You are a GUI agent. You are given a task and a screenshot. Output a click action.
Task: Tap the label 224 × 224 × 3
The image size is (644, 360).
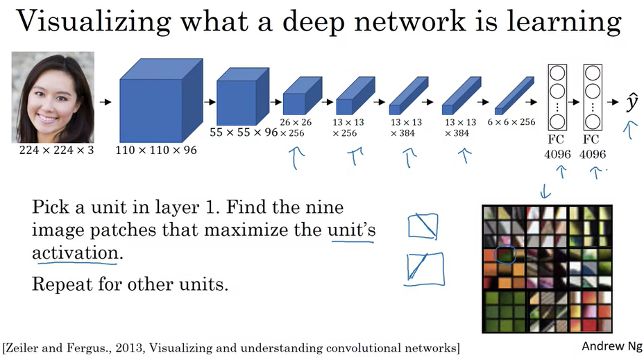pyautogui.click(x=51, y=149)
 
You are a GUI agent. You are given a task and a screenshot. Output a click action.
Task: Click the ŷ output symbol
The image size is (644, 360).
pyautogui.click(x=631, y=103)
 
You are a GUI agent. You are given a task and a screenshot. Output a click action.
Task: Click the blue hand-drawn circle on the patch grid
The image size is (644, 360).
pyautogui.click(x=506, y=256)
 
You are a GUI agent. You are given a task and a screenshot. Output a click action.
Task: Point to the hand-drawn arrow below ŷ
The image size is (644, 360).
pyautogui.click(x=630, y=129)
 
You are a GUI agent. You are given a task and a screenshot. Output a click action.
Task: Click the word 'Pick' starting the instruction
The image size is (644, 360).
pyautogui.click(x=52, y=207)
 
